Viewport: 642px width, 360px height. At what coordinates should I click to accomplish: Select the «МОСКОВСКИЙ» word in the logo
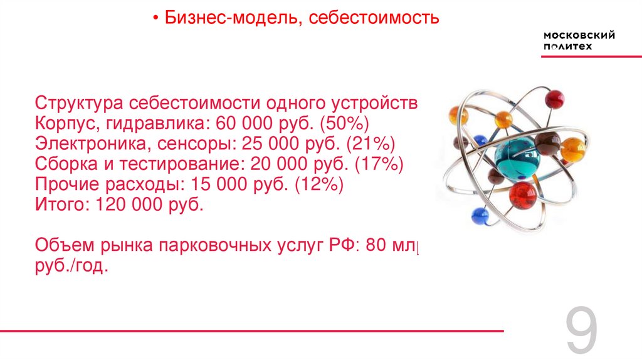point(579,35)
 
